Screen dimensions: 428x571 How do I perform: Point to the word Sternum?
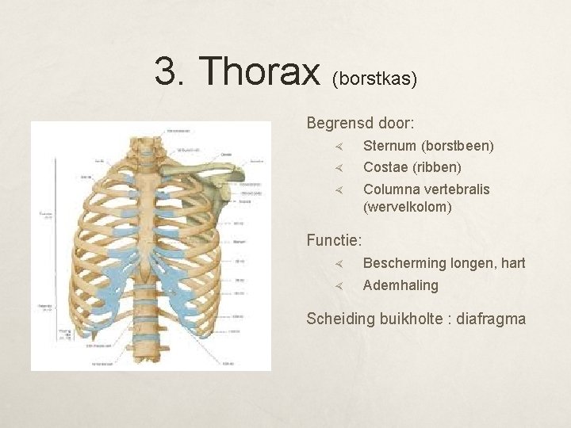coord(389,146)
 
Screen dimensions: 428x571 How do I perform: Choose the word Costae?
coord(384,167)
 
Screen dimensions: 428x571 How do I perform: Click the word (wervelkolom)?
coord(408,207)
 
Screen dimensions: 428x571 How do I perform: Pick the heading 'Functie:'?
coord(335,239)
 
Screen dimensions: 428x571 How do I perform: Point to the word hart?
coord(512,263)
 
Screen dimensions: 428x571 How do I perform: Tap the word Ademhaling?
coord(400,285)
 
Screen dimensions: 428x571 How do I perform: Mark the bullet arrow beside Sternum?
coord(338,147)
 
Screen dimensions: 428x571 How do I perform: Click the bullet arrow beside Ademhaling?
coord(338,285)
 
